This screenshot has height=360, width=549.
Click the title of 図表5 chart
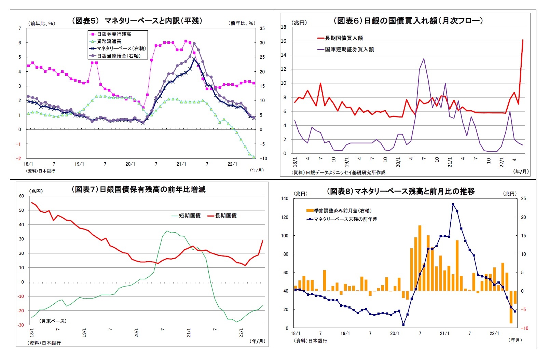tap(137, 21)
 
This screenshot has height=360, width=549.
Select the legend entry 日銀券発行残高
tap(114, 34)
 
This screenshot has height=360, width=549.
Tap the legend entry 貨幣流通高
tap(109, 41)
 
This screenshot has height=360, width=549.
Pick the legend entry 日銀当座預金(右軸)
tap(119, 56)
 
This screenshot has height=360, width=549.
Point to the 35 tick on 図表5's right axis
tap(262, 28)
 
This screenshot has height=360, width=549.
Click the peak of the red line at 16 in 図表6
tap(523, 40)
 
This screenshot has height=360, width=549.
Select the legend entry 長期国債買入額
tap(344, 38)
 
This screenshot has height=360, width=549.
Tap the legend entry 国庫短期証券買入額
tap(349, 49)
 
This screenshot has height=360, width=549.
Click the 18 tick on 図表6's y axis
tap(284, 27)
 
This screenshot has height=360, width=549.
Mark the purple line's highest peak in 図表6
tap(424, 58)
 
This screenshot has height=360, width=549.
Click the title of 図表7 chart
tap(138, 189)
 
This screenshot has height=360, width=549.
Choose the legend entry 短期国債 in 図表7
tap(190, 216)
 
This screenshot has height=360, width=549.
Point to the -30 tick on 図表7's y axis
tap(21, 325)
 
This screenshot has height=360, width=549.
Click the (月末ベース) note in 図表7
tap(53, 321)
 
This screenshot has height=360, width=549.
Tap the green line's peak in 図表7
tap(167, 231)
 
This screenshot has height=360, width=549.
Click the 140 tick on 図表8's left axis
tap(285, 198)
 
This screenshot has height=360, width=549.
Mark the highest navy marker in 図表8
tap(453, 204)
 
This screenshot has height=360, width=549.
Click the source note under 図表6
tap(338, 172)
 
